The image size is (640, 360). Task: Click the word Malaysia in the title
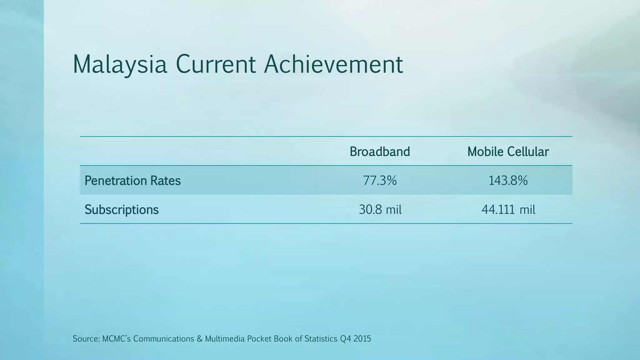(x=120, y=64)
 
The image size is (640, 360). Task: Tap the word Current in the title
(x=216, y=64)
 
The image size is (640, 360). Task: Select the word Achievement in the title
(x=333, y=64)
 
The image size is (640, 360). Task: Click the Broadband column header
(x=380, y=152)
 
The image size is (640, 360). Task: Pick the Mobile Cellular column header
(x=508, y=152)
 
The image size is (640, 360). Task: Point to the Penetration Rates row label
(x=132, y=181)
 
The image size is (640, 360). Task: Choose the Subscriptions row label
(x=122, y=209)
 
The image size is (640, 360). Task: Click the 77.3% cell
(x=380, y=181)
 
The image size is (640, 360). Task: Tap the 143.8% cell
(x=508, y=181)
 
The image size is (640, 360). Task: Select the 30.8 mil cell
(x=380, y=209)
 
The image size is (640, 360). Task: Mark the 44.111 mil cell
(x=508, y=209)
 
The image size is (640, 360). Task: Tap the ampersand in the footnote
(x=200, y=339)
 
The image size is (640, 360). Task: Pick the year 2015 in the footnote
(x=362, y=339)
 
